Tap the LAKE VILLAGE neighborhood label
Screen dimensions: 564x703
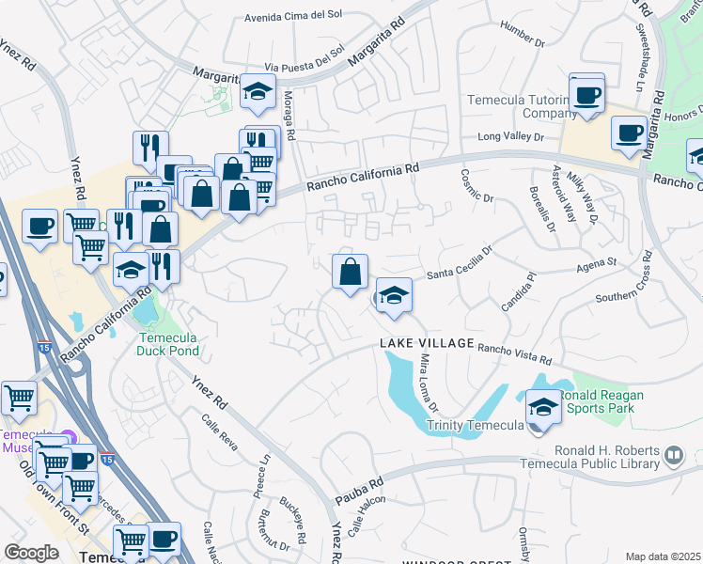tap(427, 344)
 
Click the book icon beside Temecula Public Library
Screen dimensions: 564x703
tap(673, 456)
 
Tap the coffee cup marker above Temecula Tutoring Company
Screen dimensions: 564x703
tap(587, 95)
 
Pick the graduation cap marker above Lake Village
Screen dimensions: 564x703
tap(395, 296)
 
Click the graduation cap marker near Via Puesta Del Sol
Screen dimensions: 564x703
tap(257, 91)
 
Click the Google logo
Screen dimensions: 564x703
tap(31, 553)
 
